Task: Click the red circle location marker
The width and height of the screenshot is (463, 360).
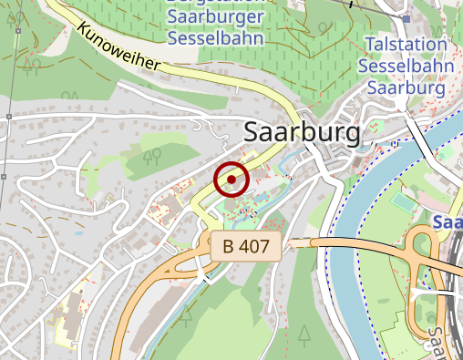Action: (x=231, y=180)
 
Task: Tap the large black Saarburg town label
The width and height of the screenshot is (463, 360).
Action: (x=303, y=133)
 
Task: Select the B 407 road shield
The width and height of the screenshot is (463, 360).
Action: (x=245, y=245)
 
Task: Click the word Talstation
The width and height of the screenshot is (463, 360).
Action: (x=406, y=46)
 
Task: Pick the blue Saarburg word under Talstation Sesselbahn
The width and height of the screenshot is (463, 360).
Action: (x=406, y=89)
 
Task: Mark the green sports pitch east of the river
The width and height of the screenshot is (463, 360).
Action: (x=402, y=198)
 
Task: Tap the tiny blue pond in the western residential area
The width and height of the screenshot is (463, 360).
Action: (x=79, y=233)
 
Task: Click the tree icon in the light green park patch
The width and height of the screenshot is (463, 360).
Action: (x=151, y=158)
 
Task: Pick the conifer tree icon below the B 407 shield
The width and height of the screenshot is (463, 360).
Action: (x=187, y=315)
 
